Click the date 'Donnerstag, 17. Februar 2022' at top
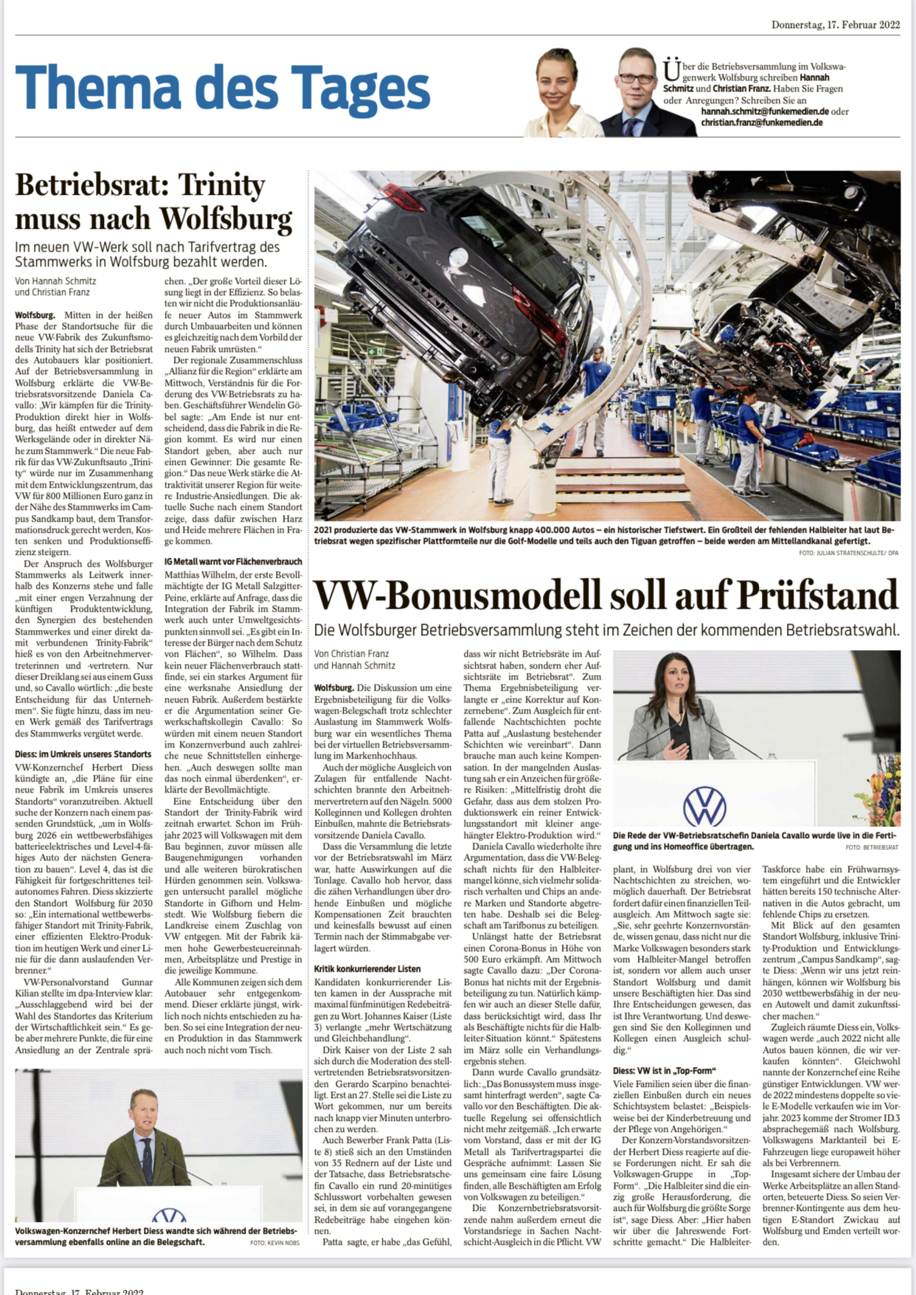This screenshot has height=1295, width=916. tap(835, 24)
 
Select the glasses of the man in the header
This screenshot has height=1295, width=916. tap(636, 77)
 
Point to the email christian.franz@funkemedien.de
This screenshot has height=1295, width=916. tap(761, 122)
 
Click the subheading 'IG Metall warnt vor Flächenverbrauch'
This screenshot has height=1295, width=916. tap(233, 562)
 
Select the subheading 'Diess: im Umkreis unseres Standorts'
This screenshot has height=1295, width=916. tap(83, 754)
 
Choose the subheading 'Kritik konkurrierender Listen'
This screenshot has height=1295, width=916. tap(367, 969)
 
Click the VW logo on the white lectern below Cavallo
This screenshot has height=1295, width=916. tap(704, 806)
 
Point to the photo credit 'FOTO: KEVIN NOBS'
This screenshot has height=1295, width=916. tap(275, 1243)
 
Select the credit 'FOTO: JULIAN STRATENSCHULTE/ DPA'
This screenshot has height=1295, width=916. tap(848, 553)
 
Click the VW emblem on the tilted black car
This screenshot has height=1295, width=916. tap(458, 258)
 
